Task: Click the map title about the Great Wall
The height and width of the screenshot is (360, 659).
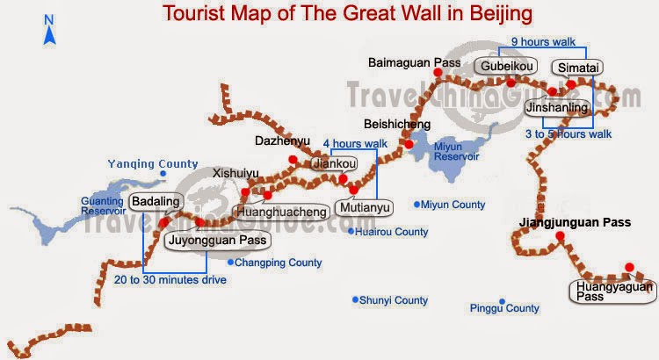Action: [x=347, y=14]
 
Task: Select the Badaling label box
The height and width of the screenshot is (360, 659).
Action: [x=156, y=202]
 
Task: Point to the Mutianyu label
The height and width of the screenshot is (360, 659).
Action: [x=362, y=207]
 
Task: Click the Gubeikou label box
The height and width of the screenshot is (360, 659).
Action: [x=505, y=67]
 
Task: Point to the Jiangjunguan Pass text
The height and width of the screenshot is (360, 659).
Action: [x=575, y=223]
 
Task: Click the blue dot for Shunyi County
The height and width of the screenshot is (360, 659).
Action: [x=355, y=299]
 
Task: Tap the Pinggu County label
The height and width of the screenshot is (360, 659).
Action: [x=504, y=308]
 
